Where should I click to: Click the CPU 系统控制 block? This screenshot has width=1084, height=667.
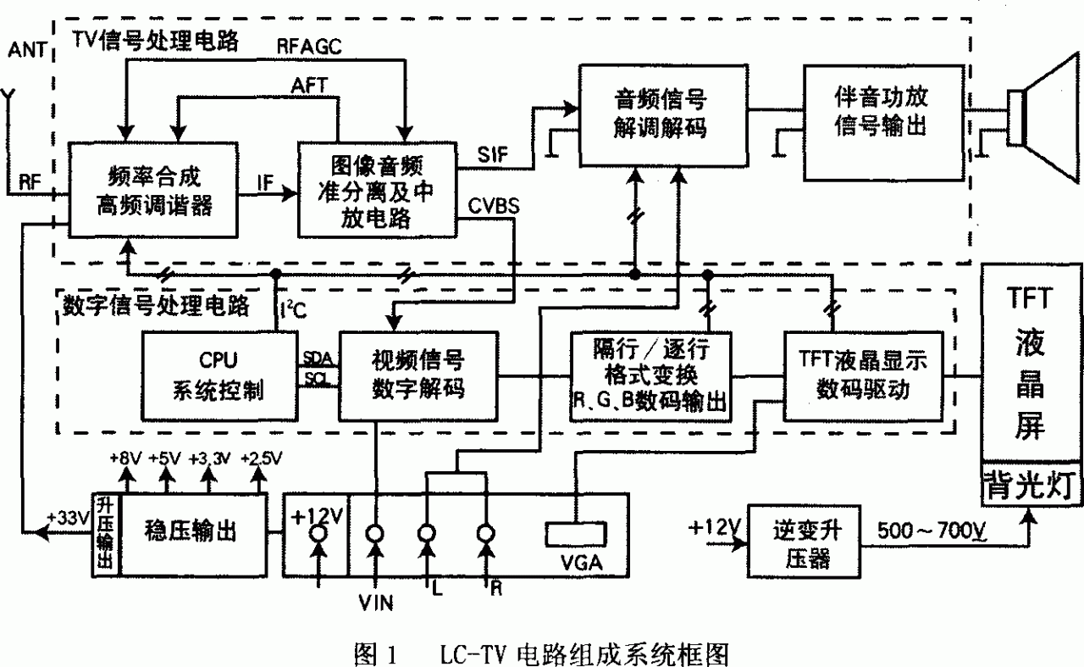point(218,375)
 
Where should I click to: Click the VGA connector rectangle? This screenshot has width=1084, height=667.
point(576,534)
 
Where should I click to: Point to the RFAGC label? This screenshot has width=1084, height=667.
point(309,47)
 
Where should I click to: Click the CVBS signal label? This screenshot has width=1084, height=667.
point(491,207)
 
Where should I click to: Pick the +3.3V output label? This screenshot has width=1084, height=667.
point(207,459)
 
